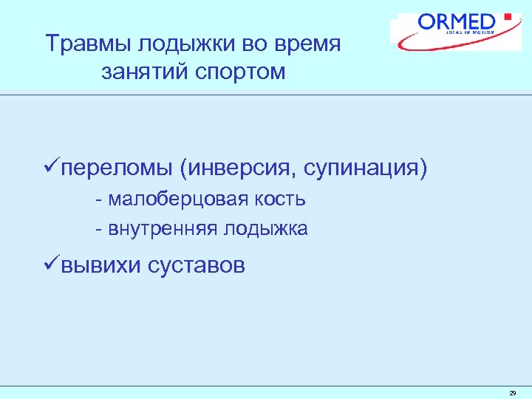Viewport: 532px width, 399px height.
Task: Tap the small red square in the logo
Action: (507, 16)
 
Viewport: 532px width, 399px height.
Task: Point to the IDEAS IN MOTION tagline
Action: (470, 33)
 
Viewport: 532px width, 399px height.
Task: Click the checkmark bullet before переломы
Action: (52, 168)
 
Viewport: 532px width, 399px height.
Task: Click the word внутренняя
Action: (161, 229)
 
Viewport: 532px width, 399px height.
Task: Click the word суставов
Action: (197, 265)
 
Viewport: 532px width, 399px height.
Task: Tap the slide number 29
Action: (512, 393)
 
